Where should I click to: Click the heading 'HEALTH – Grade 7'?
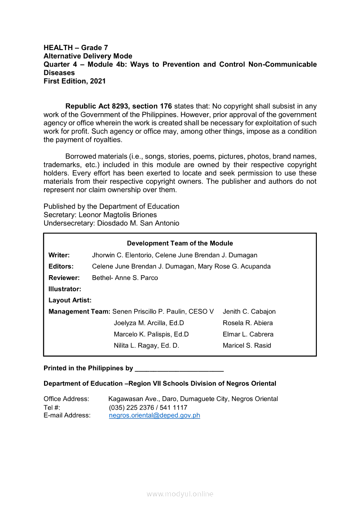click(76, 47)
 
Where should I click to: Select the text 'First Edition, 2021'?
click(75, 81)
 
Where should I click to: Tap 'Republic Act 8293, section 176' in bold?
click(119, 106)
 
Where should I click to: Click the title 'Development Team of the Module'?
click(180, 243)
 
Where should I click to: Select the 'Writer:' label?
click(59, 255)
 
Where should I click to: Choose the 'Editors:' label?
click(61, 266)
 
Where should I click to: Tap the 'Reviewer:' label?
click(64, 278)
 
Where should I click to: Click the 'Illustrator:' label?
click(65, 289)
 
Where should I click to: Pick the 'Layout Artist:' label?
click(70, 300)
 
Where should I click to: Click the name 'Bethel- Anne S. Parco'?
click(125, 278)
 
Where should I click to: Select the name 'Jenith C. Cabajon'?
click(249, 312)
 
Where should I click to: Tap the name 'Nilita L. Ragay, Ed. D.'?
click(146, 346)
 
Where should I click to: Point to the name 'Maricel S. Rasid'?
click(247, 346)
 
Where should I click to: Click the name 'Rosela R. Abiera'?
click(248, 323)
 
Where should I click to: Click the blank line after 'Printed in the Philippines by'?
click(179, 369)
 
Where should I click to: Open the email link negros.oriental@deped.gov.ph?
click(154, 415)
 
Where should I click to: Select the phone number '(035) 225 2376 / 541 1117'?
click(148, 408)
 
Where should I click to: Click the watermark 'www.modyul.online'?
click(180, 494)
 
